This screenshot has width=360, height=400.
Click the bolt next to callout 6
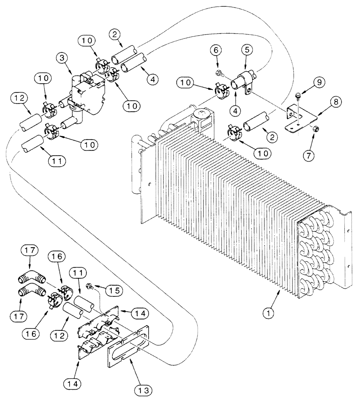click(220, 73)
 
